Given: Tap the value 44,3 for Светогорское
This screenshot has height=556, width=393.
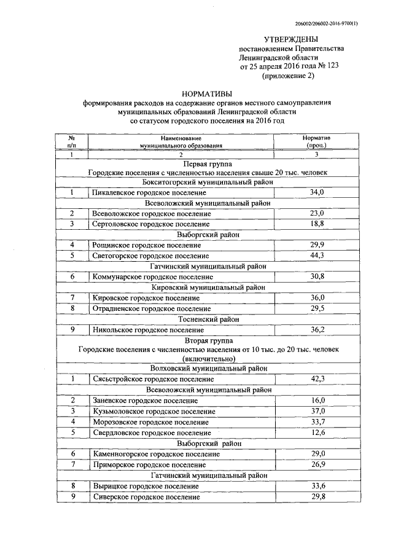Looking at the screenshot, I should click(x=317, y=255).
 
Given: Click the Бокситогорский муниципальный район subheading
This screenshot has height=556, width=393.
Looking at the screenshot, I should click(x=208, y=182).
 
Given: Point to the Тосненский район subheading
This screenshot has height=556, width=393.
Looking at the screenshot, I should click(x=208, y=319).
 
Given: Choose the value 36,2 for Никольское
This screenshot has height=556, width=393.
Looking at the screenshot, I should click(x=317, y=329).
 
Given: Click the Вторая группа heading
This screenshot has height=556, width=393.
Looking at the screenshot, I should click(x=208, y=340).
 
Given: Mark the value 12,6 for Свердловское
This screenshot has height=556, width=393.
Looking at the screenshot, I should click(x=317, y=433).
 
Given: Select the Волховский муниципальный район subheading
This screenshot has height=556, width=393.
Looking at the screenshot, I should click(x=208, y=369).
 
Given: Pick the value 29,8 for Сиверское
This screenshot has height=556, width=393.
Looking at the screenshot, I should click(x=317, y=496).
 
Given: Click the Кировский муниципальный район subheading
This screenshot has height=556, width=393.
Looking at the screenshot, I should click(x=208, y=287).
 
